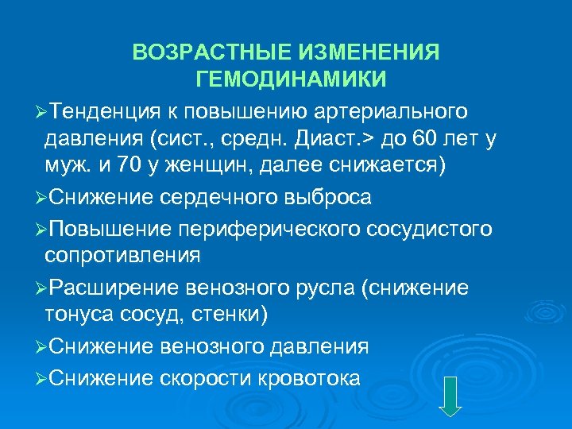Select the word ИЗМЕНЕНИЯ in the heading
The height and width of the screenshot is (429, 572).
tap(370, 52)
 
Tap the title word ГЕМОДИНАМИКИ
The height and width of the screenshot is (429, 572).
tap(291, 79)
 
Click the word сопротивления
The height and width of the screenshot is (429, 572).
tap(122, 256)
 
